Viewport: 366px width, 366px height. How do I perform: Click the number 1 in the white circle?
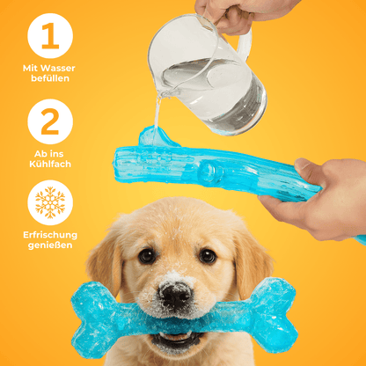(x=50, y=36)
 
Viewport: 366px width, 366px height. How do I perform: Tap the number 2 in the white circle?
(x=50, y=121)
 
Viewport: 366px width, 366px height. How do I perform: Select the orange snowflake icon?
(x=50, y=202)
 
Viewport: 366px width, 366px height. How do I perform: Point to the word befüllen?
(x=50, y=78)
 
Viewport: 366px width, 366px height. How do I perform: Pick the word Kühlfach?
(x=50, y=164)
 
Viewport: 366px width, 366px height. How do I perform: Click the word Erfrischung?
(x=50, y=235)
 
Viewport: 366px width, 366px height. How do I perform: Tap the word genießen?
(x=50, y=245)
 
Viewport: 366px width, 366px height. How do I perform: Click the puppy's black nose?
(x=175, y=295)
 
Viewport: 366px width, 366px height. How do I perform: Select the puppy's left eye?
(x=147, y=256)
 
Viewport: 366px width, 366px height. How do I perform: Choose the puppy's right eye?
(x=208, y=256)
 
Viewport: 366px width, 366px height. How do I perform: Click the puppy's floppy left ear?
(x=105, y=264)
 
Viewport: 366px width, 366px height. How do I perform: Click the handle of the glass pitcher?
(x=244, y=43)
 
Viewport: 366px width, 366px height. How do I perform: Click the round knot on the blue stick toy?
(x=209, y=173)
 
